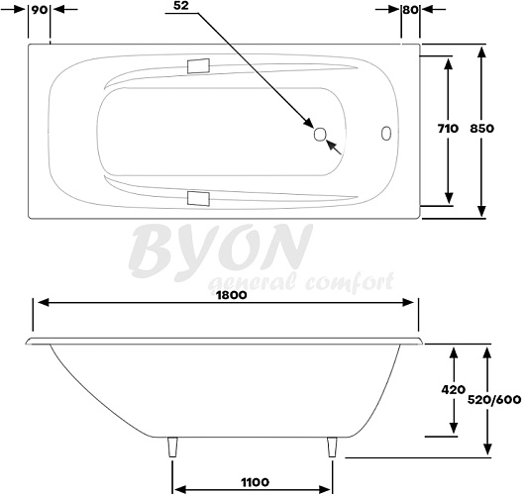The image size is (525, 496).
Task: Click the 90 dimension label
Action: [x=40, y=10]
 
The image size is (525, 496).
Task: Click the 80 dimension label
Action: [x=410, y=10]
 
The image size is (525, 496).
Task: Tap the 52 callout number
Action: [x=181, y=5]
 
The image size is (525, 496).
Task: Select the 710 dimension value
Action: [x=448, y=128]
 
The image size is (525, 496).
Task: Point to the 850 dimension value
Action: [x=481, y=128]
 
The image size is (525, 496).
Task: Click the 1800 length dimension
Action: [x=232, y=295]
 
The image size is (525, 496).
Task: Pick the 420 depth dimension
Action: [x=454, y=389]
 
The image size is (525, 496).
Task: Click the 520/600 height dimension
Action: [x=494, y=400]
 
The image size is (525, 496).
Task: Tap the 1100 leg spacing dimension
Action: [x=256, y=482]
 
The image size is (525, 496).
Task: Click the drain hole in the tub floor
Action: [x=320, y=135]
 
